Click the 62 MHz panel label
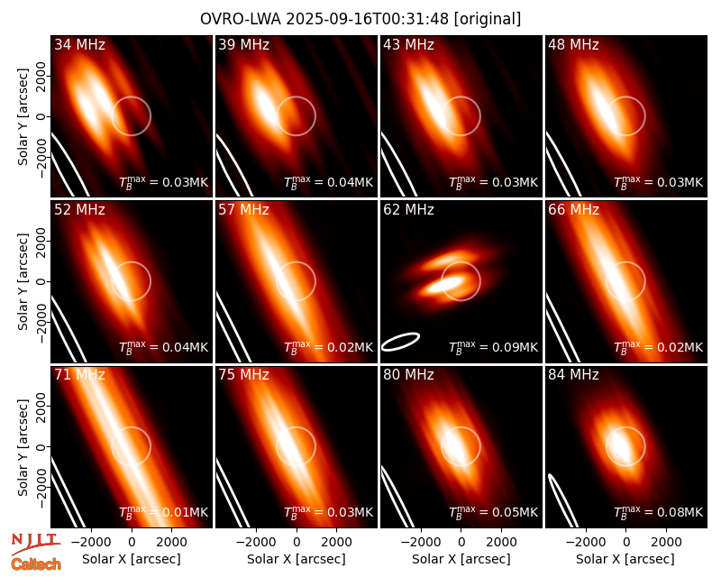click(408, 210)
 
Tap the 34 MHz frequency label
click(79, 44)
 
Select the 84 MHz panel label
click(573, 375)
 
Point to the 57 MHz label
click(243, 210)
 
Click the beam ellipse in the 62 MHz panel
click(400, 342)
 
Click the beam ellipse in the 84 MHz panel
click(562, 500)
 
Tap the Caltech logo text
click(36, 564)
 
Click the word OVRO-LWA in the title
click(241, 19)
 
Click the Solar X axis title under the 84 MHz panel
click(625, 559)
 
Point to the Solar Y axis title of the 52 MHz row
click(23, 281)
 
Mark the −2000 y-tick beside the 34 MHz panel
click(41, 157)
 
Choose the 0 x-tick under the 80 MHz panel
click(461, 542)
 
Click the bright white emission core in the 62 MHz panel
click(443, 285)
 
